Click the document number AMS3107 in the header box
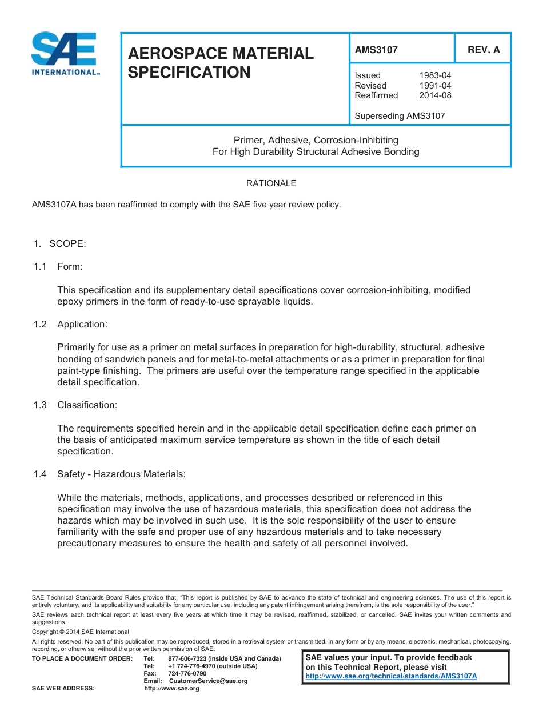(376, 50)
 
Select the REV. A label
(484, 50)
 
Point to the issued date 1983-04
(435, 75)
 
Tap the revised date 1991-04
(435, 86)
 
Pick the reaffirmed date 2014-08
(435, 95)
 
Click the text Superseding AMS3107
(400, 116)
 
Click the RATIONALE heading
(271, 183)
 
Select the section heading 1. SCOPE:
(59, 244)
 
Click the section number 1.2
(39, 325)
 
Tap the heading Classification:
(87, 405)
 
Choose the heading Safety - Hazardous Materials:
(121, 474)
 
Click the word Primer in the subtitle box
(247, 140)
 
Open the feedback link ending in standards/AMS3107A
(391, 676)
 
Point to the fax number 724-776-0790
(187, 674)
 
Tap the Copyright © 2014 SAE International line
(81, 632)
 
